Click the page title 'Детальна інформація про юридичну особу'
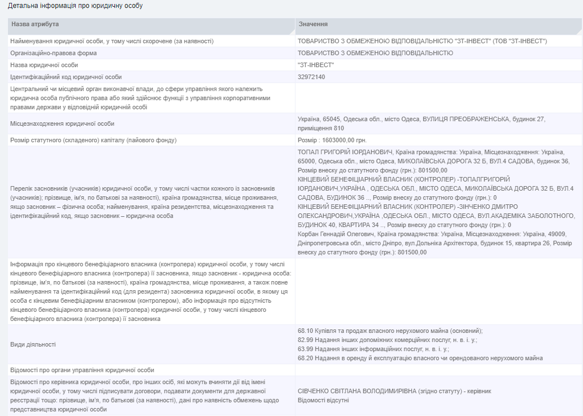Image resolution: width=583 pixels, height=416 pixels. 75,6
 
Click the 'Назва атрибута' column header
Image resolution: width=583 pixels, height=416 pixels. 35,24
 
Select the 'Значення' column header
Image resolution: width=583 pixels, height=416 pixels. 313,24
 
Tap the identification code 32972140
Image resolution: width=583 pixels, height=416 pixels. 311,77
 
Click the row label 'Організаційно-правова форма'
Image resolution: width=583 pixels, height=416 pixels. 54,53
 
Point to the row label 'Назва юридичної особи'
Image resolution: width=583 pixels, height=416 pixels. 44,65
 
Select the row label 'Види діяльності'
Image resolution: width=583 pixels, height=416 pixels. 34,344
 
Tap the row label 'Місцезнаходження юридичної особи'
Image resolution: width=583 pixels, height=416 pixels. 63,123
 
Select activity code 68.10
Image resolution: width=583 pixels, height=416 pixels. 306,331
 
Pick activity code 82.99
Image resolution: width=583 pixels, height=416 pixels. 306,340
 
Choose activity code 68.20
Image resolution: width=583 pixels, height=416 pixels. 306,358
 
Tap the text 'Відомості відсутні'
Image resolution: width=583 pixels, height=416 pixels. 323,400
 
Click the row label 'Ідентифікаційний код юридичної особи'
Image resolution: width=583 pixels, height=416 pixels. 66,77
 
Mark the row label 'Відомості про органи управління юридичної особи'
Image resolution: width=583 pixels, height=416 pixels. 82,370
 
